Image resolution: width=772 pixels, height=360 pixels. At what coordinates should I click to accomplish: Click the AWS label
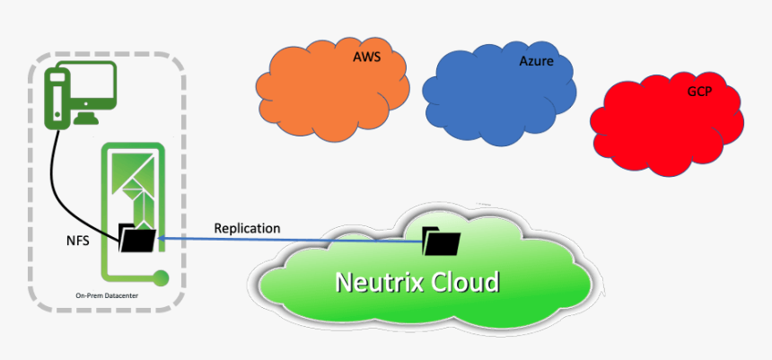[367, 56]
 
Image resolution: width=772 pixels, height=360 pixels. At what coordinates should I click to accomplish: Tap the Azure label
[536, 62]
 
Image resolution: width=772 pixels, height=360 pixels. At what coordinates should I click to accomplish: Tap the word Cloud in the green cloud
[463, 282]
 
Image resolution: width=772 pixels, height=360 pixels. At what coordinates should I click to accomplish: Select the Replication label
[247, 228]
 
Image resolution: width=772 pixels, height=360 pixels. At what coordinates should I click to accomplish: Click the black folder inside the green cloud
[442, 241]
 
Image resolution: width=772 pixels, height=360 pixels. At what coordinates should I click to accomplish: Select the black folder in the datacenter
[137, 239]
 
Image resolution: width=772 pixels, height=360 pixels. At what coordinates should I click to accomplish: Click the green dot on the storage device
[162, 277]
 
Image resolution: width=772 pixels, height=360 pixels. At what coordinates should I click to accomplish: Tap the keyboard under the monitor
[92, 119]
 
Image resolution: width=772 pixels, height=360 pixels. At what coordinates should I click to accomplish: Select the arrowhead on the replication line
[162, 238]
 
